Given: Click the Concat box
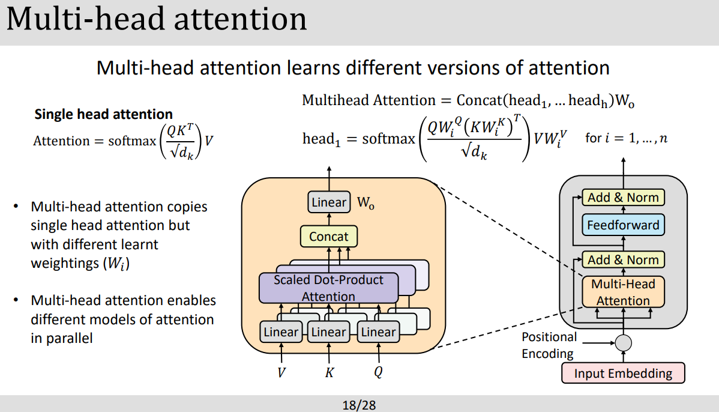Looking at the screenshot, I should click(x=328, y=237).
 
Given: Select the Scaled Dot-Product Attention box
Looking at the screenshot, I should click(x=328, y=288).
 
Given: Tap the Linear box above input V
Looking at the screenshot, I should click(x=281, y=332).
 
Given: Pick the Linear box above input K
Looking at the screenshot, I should click(x=328, y=332).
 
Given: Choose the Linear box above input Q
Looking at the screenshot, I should click(x=378, y=332).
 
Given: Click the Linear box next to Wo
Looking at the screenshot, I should click(x=329, y=202).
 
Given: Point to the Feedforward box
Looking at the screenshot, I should click(x=623, y=226).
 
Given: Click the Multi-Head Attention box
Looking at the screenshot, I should click(x=623, y=292).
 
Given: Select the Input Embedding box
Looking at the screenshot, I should click(x=623, y=374).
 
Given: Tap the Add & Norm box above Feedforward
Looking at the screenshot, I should click(x=623, y=197).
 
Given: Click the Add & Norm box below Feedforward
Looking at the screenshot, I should click(x=623, y=259).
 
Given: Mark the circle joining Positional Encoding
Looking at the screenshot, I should click(x=624, y=343).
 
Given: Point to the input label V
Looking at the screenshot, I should click(x=281, y=373).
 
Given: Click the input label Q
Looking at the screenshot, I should click(x=378, y=373).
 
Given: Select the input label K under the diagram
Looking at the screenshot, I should click(x=329, y=373).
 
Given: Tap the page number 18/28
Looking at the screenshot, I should click(x=359, y=405).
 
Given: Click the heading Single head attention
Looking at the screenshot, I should click(x=103, y=114).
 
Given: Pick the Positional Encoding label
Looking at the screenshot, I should click(x=549, y=345).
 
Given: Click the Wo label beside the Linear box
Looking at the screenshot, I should click(x=366, y=203).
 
